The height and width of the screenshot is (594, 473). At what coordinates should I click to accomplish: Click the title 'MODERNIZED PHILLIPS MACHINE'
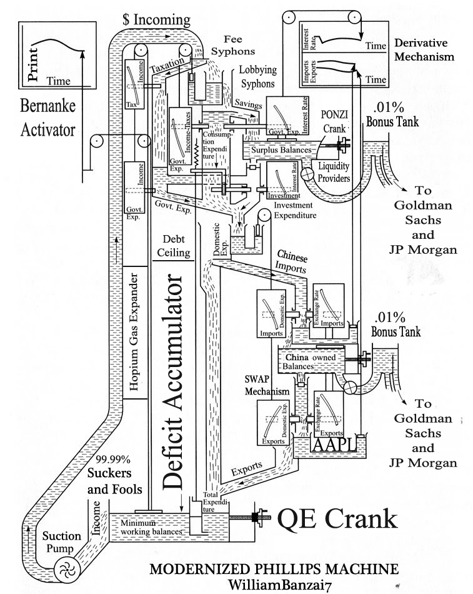coord(274,569)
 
